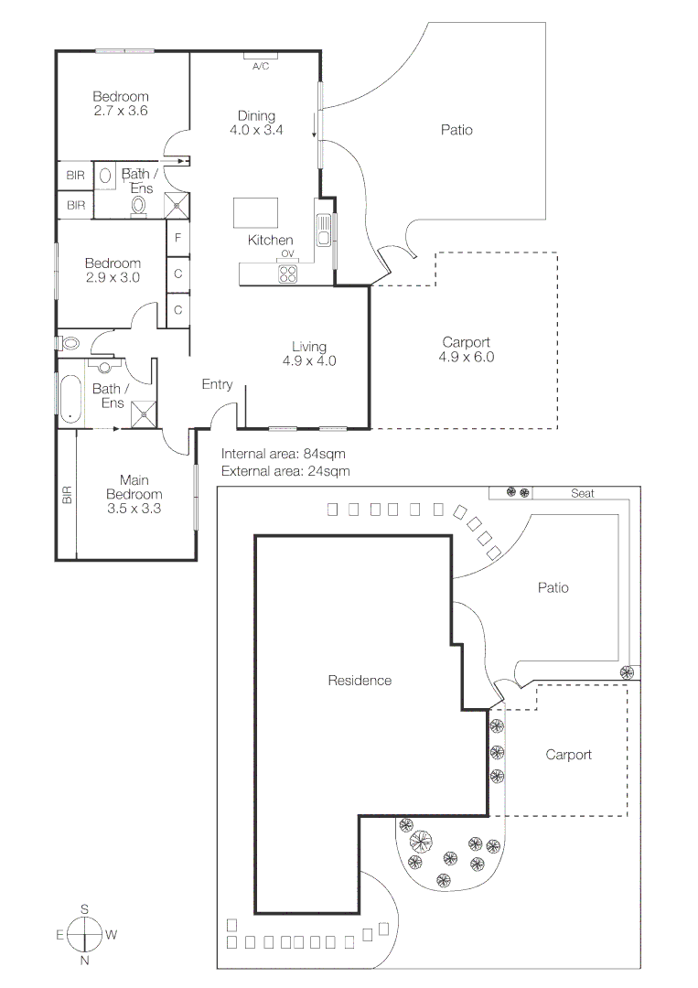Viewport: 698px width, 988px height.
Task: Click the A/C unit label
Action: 260,66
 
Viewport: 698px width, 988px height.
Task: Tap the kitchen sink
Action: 323,229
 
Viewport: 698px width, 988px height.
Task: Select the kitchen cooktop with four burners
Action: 289,273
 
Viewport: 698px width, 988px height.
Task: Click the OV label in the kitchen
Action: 286,253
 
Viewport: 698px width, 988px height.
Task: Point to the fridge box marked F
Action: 177,238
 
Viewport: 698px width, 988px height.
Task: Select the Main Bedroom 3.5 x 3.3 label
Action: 134,494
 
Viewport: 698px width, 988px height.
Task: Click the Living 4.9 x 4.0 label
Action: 309,353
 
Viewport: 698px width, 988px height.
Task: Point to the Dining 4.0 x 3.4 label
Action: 256,123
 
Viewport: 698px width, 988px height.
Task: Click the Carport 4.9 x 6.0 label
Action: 466,349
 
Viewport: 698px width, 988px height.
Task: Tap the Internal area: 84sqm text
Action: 283,454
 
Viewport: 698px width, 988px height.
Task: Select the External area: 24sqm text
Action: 285,471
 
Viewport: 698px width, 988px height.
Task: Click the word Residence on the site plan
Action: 360,681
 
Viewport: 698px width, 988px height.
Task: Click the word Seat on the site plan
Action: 583,493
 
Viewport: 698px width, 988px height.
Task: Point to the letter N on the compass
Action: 84,961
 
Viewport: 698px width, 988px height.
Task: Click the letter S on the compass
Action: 84,908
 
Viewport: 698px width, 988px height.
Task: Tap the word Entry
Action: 217,385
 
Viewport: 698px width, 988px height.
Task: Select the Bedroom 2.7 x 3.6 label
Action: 121,103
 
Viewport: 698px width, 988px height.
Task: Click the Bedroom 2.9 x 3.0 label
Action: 113,270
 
